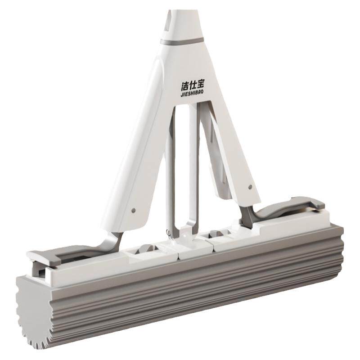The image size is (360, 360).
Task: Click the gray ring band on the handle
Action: click(x=182, y=41)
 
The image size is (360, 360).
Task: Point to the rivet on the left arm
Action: click(x=134, y=210)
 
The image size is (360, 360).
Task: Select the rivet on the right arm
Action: click(x=250, y=187)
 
